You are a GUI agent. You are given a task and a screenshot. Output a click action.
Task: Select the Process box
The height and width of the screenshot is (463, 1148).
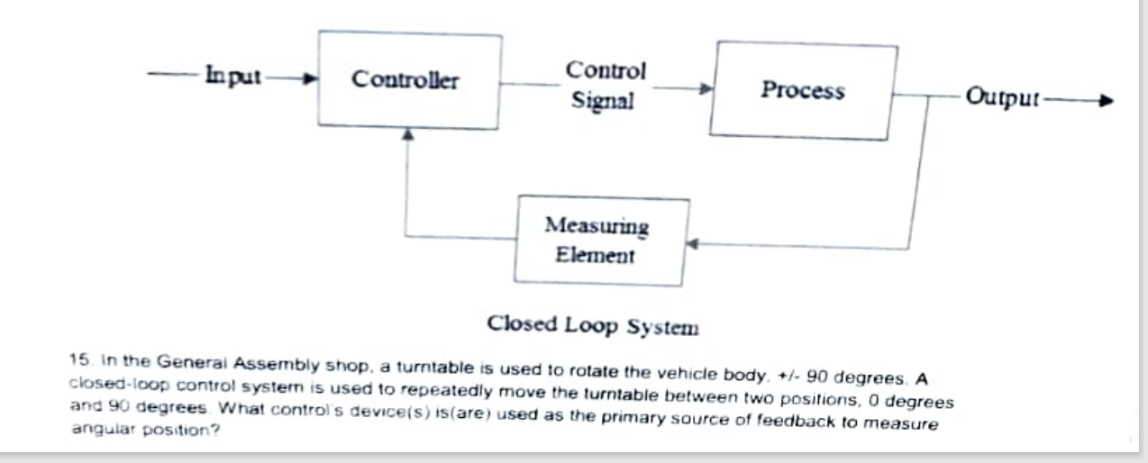coord(803,91)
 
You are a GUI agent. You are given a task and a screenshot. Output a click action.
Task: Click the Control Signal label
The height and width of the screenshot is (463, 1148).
coord(605,86)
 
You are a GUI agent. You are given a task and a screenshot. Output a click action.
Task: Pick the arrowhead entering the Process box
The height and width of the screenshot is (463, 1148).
coord(706,89)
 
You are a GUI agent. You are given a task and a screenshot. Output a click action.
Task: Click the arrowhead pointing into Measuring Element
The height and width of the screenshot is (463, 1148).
coord(695,243)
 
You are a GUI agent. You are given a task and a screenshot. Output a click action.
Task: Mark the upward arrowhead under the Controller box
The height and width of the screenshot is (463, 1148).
coord(408,132)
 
